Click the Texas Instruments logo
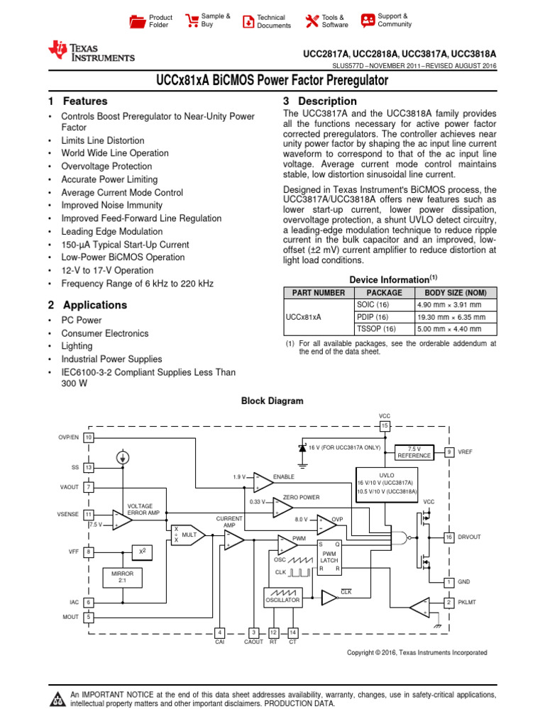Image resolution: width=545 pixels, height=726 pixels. pos(90,51)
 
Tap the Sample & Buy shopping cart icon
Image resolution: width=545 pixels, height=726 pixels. pos(192,21)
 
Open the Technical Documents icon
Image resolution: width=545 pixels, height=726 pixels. pos(248,21)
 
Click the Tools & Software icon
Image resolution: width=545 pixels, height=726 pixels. pos(311,21)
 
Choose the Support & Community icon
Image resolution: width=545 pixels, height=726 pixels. pos(368,21)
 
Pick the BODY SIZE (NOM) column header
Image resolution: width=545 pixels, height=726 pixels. pos(455,292)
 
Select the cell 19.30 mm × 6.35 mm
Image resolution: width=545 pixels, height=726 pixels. pos(455,317)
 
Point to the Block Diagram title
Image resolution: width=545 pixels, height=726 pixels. pos(272,401)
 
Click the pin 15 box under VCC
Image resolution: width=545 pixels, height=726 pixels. pos(385,426)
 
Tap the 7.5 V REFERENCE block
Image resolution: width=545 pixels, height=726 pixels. pos(414,452)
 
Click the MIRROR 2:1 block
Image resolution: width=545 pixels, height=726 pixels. pos(122,576)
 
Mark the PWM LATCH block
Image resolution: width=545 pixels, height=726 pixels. pos(329,557)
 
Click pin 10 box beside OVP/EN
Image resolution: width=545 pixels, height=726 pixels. pos(89,437)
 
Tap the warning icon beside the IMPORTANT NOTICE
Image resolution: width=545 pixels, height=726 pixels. pos(57,700)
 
